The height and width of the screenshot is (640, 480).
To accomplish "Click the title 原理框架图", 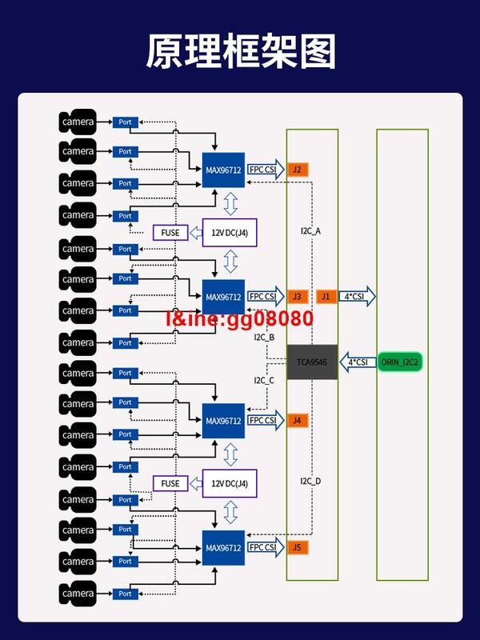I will pyautogui.click(x=240, y=52).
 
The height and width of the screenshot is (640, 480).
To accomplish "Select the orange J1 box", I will pyautogui.click(x=325, y=296).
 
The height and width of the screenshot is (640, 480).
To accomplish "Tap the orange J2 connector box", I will pyautogui.click(x=296, y=170).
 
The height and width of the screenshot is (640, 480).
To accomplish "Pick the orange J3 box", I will pyautogui.click(x=296, y=296).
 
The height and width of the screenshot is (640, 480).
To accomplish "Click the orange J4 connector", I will pyautogui.click(x=296, y=420).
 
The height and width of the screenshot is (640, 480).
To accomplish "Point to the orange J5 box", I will pyautogui.click(x=296, y=548).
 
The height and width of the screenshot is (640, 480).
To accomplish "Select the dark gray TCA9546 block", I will pyautogui.click(x=312, y=362).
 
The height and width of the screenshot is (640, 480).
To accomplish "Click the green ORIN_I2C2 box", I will pyautogui.click(x=401, y=362).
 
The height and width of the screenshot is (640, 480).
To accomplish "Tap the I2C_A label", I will pyautogui.click(x=310, y=231).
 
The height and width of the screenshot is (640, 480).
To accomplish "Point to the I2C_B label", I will pyautogui.click(x=264, y=338).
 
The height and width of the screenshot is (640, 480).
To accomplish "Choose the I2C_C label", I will pyautogui.click(x=264, y=380).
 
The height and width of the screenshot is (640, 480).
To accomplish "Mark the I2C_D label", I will pyautogui.click(x=310, y=481).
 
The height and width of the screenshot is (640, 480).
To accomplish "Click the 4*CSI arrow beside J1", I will pyautogui.click(x=356, y=296).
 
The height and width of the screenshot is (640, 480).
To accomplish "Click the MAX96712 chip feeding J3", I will pyautogui.click(x=223, y=297).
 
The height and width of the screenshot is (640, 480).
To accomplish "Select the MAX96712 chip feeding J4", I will pyautogui.click(x=223, y=421).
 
